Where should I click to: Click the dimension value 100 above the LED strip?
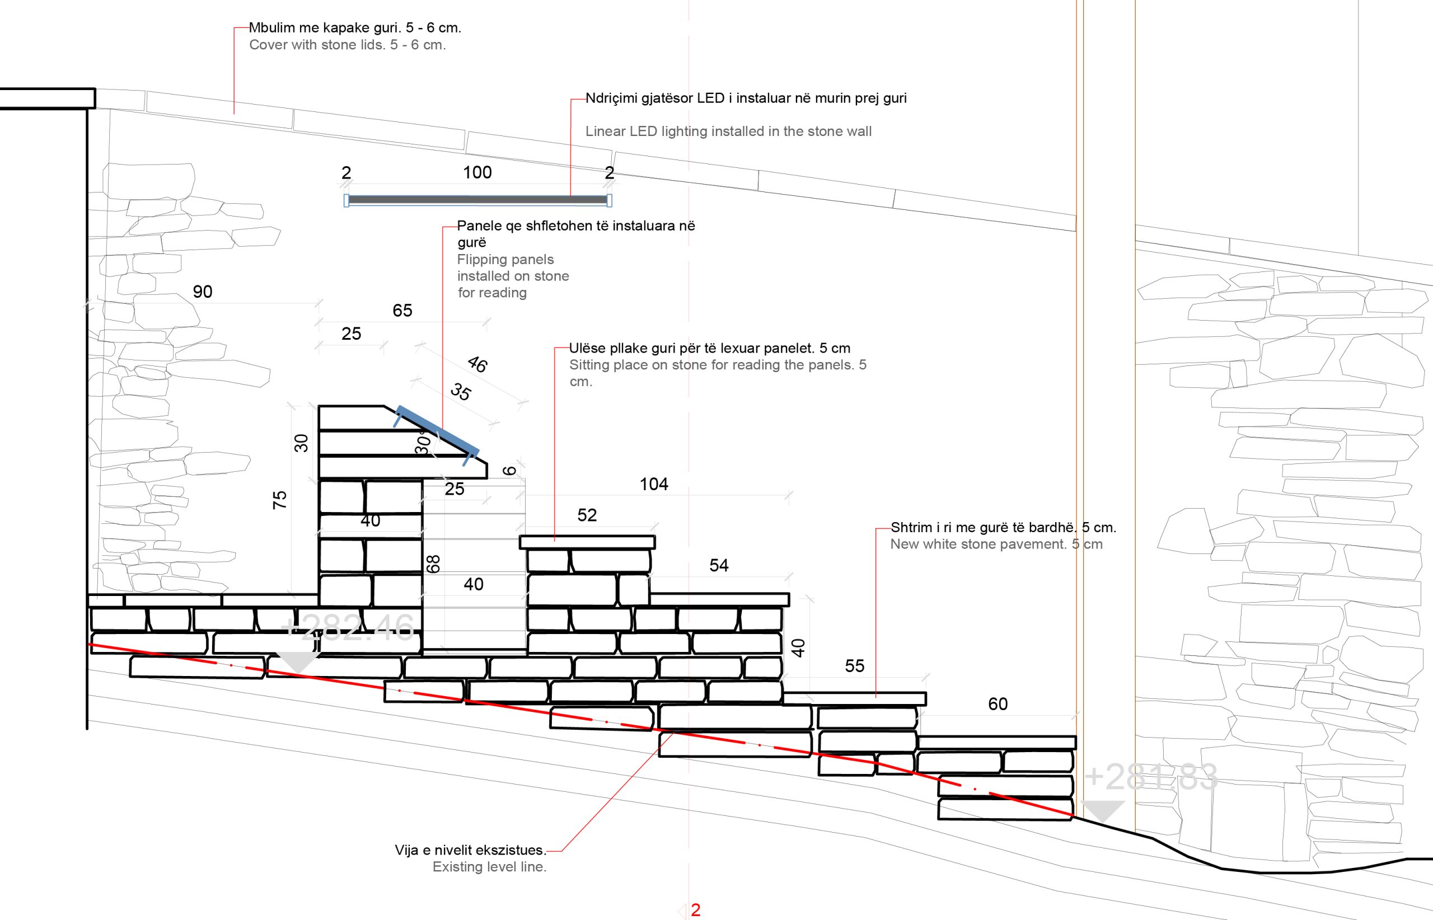[x=477, y=173]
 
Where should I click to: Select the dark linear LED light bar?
[x=477, y=200]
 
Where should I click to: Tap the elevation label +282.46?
[x=347, y=628]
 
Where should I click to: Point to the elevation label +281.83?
[x=1151, y=777]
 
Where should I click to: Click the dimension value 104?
[x=654, y=485]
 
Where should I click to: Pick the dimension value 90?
[x=203, y=292]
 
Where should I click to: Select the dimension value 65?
[x=402, y=311]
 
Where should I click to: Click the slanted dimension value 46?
[x=477, y=363]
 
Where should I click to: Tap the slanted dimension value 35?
[x=461, y=392]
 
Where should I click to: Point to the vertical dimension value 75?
[x=280, y=500]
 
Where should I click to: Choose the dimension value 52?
[x=587, y=515]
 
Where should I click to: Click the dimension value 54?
[x=719, y=566]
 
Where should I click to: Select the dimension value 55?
[x=855, y=666]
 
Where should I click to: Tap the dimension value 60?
[x=998, y=705]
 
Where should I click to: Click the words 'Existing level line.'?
[x=489, y=867]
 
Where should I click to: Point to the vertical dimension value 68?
[x=434, y=564]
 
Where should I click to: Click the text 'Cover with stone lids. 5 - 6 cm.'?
[x=347, y=45]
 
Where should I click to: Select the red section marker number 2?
[x=696, y=910]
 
